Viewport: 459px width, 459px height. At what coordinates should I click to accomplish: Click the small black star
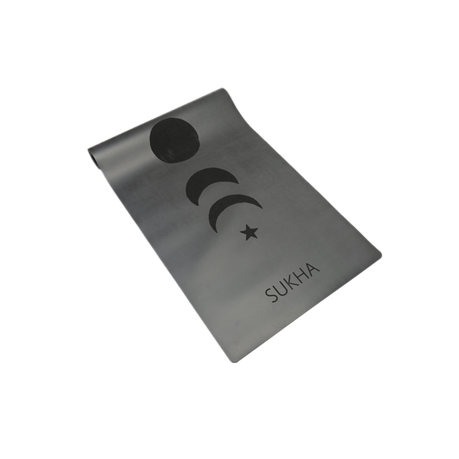(x=249, y=232)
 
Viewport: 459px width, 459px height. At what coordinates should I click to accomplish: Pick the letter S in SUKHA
(x=271, y=295)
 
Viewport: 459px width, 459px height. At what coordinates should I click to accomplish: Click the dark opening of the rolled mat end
(x=94, y=159)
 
